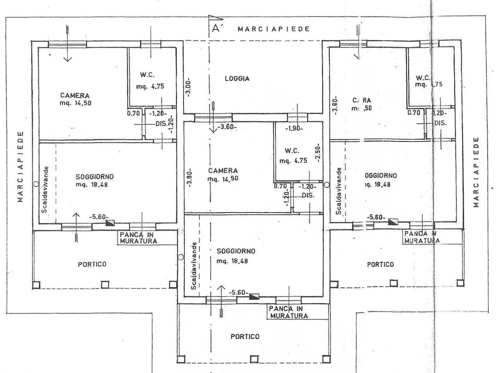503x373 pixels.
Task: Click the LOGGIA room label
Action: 237,79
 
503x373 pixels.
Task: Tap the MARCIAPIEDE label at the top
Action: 274,29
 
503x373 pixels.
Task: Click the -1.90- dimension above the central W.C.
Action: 294,128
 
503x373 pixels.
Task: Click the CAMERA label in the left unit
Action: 75,96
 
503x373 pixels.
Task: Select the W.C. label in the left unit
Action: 147,75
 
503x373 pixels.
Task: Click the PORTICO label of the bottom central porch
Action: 245,336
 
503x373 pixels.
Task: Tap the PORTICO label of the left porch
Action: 92,264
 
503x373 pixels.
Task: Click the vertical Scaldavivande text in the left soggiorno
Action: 46,190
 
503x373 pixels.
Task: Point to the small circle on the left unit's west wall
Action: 36,184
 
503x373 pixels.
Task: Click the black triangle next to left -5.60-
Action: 110,223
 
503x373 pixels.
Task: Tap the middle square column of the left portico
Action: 105,284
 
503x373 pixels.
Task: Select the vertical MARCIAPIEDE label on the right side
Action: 476,172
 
